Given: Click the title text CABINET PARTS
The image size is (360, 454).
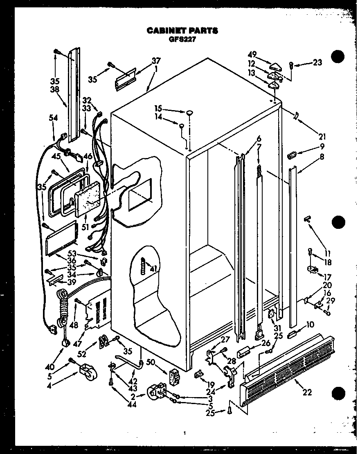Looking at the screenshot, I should coord(182,31).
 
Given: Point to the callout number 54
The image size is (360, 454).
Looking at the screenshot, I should coord(53,118).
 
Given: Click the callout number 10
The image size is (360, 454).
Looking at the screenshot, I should coord(310,325).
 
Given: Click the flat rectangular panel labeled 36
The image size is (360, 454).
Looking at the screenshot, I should coord(61,237).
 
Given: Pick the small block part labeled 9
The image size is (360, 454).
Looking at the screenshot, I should coord(292,155).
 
